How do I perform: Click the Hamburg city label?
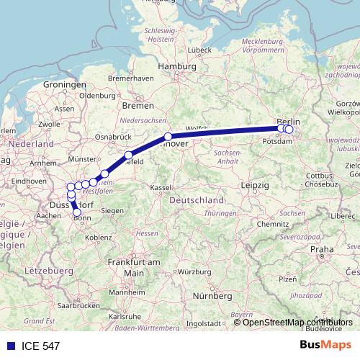click(x=177, y=66)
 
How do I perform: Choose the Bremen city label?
click(x=135, y=105)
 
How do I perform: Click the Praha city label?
click(x=322, y=249)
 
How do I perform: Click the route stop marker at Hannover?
click(x=168, y=136)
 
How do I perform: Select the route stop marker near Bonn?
click(x=77, y=212)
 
